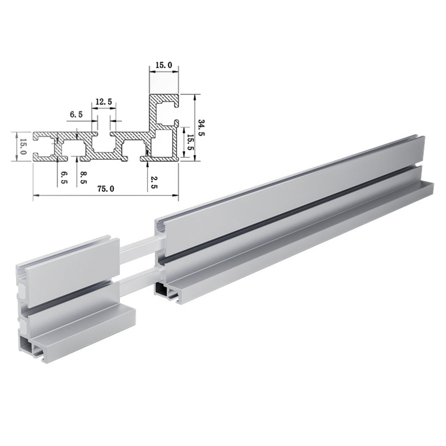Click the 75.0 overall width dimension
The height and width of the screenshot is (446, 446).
106,189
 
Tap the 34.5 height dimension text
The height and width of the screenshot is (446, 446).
201,128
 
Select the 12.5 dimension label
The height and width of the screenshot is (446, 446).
104,102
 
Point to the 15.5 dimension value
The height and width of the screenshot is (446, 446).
190,142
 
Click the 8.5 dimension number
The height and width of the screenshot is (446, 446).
83,178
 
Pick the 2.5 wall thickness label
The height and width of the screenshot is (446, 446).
154,182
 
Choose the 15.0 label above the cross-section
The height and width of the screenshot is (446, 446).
164,65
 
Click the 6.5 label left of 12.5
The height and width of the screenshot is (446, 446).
76,115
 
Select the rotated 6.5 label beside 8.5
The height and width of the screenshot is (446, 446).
64,178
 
